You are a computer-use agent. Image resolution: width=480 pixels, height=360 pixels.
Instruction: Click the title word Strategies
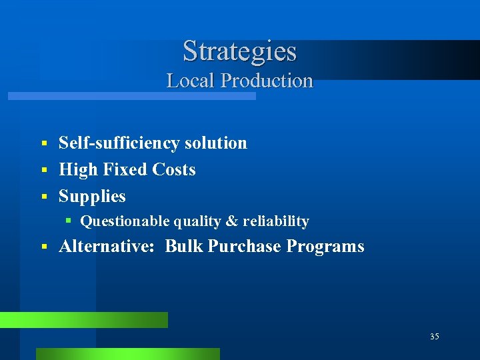coord(239,51)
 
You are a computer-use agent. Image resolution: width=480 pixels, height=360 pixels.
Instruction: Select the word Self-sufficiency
coord(119,143)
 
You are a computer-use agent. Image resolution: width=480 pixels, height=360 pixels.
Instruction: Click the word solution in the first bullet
coord(215,143)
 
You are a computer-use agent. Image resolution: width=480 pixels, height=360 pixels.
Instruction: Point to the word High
coord(77,170)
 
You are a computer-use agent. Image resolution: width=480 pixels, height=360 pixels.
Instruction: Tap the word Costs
coord(174,169)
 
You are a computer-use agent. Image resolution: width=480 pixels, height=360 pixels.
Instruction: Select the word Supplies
coord(92,197)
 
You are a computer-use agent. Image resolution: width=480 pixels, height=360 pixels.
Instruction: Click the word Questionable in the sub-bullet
coord(126,221)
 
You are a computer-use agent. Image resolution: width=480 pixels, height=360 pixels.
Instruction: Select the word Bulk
coord(184,247)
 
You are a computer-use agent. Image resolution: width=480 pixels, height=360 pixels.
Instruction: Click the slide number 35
coord(434,337)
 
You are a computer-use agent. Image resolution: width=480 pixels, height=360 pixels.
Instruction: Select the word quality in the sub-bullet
coord(196,221)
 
